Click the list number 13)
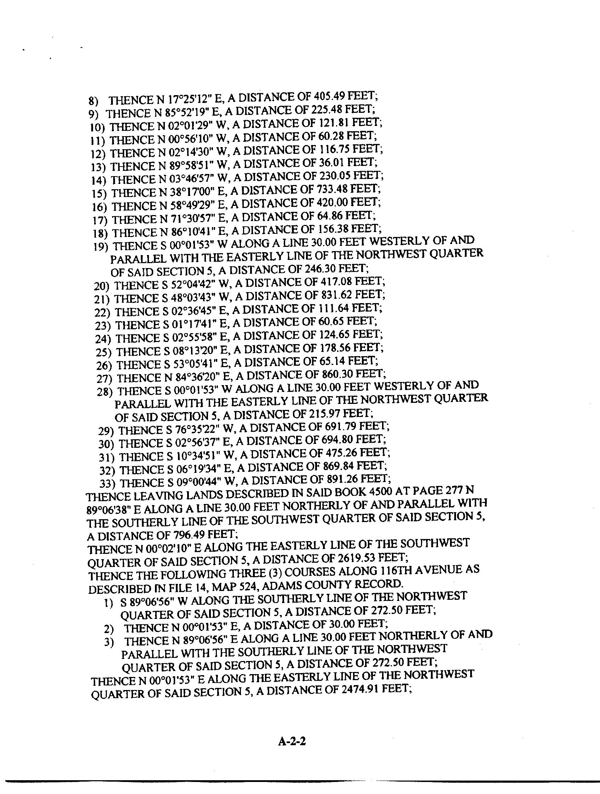pyautogui.click(x=98, y=167)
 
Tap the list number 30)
pyautogui.click(x=106, y=444)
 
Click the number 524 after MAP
pyautogui.click(x=248, y=586)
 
